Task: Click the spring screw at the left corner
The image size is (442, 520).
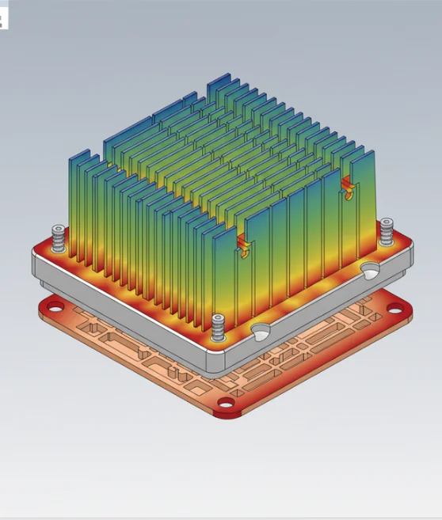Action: tap(57, 235)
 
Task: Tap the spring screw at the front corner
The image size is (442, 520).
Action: tap(219, 325)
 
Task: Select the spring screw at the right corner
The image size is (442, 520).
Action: tap(387, 230)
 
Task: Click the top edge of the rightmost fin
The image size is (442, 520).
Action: tap(360, 152)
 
